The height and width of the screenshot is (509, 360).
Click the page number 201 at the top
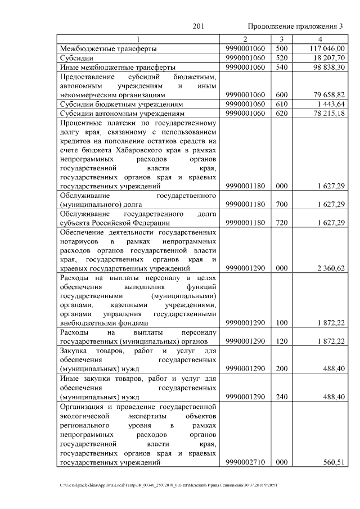click(197, 26)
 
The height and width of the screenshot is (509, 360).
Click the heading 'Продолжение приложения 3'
click(295, 26)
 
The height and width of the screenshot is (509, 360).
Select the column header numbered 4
click(319, 39)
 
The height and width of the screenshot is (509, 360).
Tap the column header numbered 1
click(138, 39)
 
